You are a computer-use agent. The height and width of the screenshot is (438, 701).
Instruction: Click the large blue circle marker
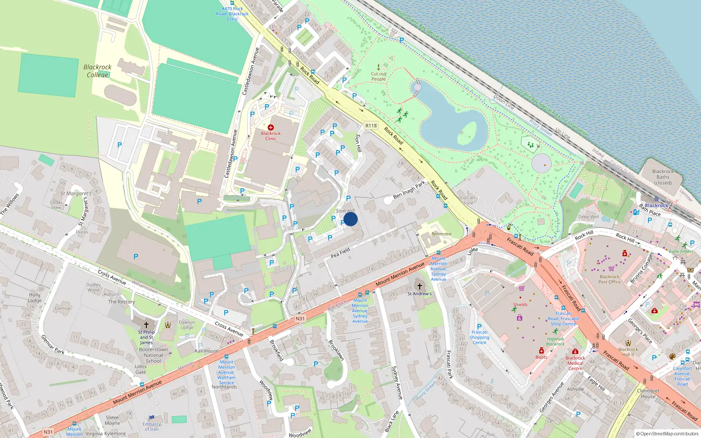click(350, 219)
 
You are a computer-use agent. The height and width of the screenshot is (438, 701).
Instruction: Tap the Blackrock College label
click(97, 71)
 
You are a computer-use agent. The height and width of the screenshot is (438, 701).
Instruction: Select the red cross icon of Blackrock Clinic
click(271, 127)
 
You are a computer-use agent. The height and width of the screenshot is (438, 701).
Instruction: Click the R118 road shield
click(371, 126)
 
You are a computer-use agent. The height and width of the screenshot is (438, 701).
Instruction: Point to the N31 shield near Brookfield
click(300, 318)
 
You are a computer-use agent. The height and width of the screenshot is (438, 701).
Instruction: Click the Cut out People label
click(379, 77)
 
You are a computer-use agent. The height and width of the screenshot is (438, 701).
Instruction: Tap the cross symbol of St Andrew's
click(419, 286)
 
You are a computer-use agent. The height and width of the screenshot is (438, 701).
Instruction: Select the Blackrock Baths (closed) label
click(662, 177)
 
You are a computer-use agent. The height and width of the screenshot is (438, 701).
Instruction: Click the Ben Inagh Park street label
click(409, 190)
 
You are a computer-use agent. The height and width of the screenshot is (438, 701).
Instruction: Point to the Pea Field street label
click(340, 253)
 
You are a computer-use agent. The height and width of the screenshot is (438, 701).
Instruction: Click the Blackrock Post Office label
click(609, 279)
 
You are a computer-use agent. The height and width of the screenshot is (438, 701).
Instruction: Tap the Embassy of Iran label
click(152, 427)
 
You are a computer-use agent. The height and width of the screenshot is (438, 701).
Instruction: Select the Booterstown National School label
click(153, 355)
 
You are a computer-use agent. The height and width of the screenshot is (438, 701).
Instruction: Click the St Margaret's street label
click(76, 193)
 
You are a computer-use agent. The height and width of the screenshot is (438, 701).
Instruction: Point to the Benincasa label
click(441, 234)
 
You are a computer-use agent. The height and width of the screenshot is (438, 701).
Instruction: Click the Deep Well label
click(588, 217)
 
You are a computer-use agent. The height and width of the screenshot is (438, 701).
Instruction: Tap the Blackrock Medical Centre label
click(575, 363)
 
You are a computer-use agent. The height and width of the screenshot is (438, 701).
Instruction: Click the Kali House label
click(207, 351)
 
